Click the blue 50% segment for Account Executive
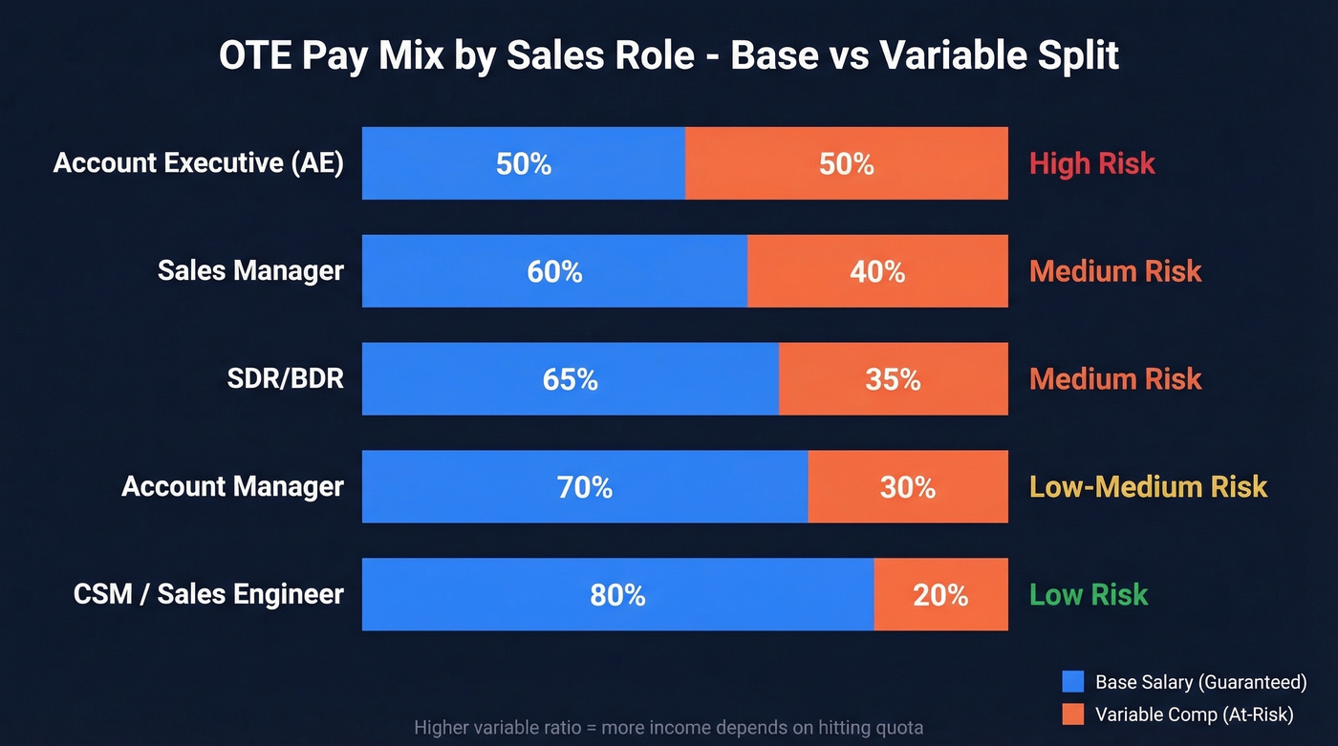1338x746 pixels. (523, 163)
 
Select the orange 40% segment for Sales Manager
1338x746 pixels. (877, 271)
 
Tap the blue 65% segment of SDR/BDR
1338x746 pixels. (570, 379)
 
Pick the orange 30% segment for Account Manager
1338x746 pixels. (908, 487)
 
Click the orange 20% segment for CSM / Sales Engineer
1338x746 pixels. (940, 595)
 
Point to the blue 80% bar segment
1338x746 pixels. (617, 595)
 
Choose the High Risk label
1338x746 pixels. (1091, 163)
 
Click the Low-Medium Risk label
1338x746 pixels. (1148, 487)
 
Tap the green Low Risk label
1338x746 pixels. (1088, 595)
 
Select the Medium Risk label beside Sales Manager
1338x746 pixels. (1114, 271)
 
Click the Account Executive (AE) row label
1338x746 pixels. (199, 163)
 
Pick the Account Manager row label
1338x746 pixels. (232, 487)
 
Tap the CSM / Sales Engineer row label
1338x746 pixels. (208, 595)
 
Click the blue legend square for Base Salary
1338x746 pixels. (1073, 682)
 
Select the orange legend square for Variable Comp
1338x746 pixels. (1073, 714)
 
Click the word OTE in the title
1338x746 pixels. (251, 56)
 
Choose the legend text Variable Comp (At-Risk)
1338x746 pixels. (1194, 714)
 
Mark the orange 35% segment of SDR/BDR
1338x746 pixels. (893, 379)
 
